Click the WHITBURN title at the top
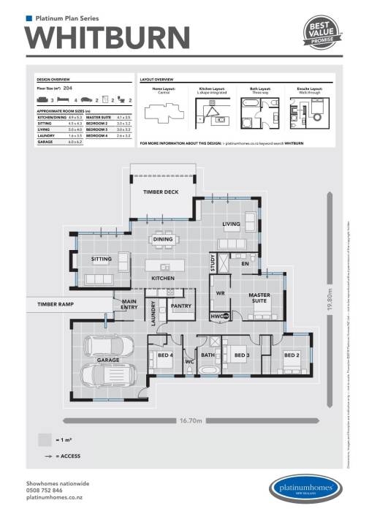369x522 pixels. click(x=107, y=36)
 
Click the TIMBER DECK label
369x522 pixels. click(x=160, y=192)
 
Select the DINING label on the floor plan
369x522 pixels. click(x=162, y=239)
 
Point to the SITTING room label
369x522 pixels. click(x=101, y=259)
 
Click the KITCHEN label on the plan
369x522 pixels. click(x=161, y=279)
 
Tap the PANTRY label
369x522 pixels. click(x=180, y=306)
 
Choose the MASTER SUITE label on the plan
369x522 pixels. click(x=260, y=295)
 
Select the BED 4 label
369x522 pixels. click(x=164, y=355)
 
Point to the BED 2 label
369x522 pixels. click(x=292, y=355)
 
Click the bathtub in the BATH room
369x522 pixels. click(x=208, y=371)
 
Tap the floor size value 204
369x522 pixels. click(x=69, y=87)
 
